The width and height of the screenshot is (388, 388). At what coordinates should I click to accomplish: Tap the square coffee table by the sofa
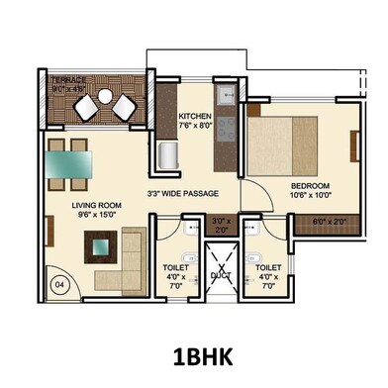click(97, 244)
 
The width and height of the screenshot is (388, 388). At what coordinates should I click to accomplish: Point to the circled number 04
click(58, 284)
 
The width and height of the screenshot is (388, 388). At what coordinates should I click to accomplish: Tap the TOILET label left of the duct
click(176, 268)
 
